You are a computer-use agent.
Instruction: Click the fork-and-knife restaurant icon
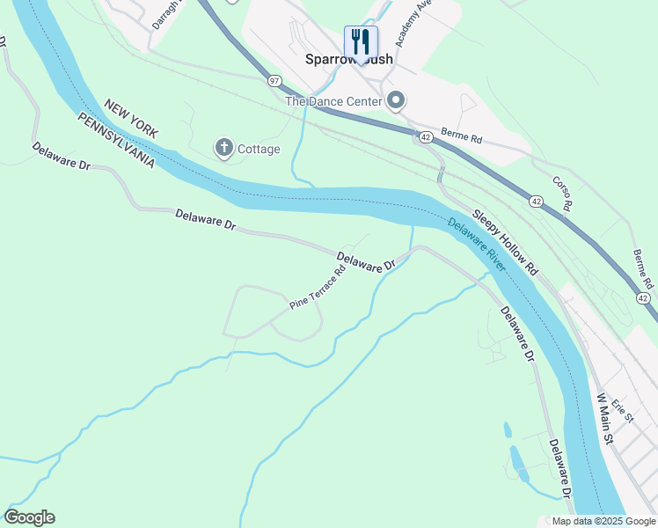point(361,40)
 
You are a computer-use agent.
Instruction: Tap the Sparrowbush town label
point(348,60)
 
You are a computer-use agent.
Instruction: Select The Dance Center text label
point(333,101)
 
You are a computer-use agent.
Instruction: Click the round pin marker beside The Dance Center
point(396,101)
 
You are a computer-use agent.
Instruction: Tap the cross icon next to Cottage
point(224,148)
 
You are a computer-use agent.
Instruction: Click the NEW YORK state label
point(130,118)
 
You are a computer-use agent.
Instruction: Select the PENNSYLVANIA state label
point(116,141)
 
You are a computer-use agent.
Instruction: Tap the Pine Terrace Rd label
point(317,287)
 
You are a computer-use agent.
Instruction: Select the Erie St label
point(623,409)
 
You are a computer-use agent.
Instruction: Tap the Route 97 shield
point(274,80)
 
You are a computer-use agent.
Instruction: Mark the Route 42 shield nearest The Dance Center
point(425,137)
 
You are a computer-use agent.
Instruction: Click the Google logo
point(29,517)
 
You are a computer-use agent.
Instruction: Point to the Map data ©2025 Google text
point(604,521)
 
